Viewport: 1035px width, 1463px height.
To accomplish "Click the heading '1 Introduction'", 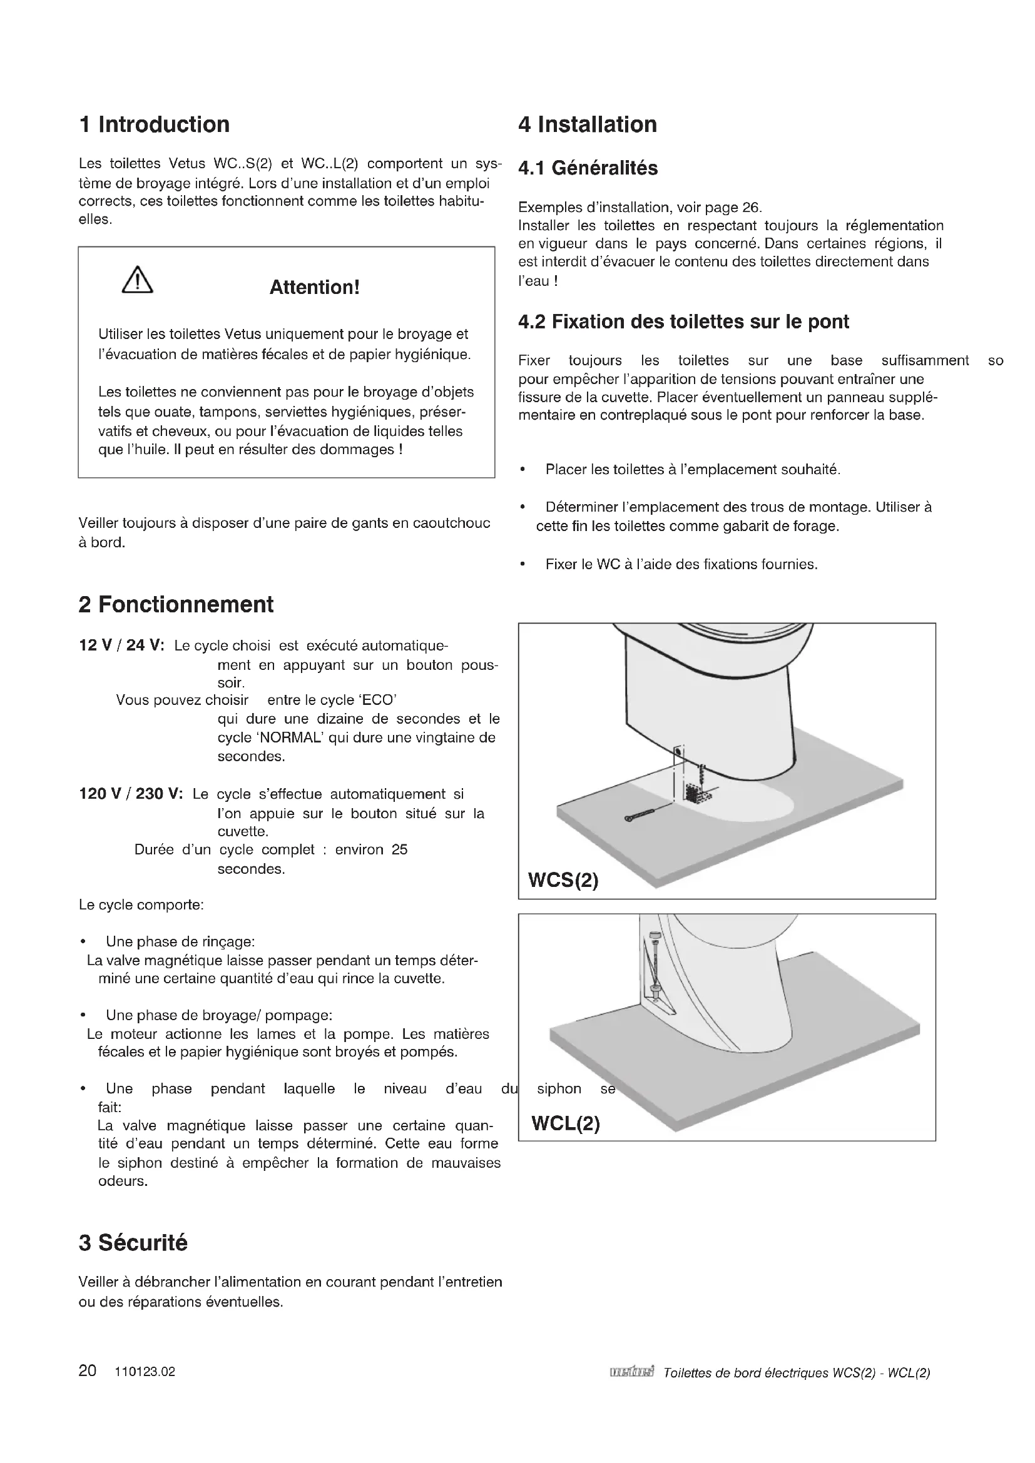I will [153, 124].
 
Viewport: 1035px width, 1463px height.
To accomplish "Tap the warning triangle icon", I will [137, 280].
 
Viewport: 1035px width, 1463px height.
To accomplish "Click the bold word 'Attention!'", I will [314, 287].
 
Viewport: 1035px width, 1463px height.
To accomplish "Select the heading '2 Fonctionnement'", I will [176, 604].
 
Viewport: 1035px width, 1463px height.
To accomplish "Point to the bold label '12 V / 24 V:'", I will [121, 645].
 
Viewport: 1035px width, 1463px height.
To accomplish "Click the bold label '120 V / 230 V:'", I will [131, 794].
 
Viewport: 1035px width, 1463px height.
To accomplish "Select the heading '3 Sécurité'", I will [133, 1243].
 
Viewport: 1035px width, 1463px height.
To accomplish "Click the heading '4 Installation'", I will [588, 124].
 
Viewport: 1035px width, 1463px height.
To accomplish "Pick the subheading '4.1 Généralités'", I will [588, 168].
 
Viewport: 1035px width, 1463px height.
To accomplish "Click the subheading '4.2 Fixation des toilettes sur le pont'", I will [683, 321].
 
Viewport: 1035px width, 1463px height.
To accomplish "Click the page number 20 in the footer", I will [88, 1371].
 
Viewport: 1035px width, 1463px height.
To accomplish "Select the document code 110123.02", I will [145, 1372].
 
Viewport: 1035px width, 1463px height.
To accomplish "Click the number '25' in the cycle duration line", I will [400, 850].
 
